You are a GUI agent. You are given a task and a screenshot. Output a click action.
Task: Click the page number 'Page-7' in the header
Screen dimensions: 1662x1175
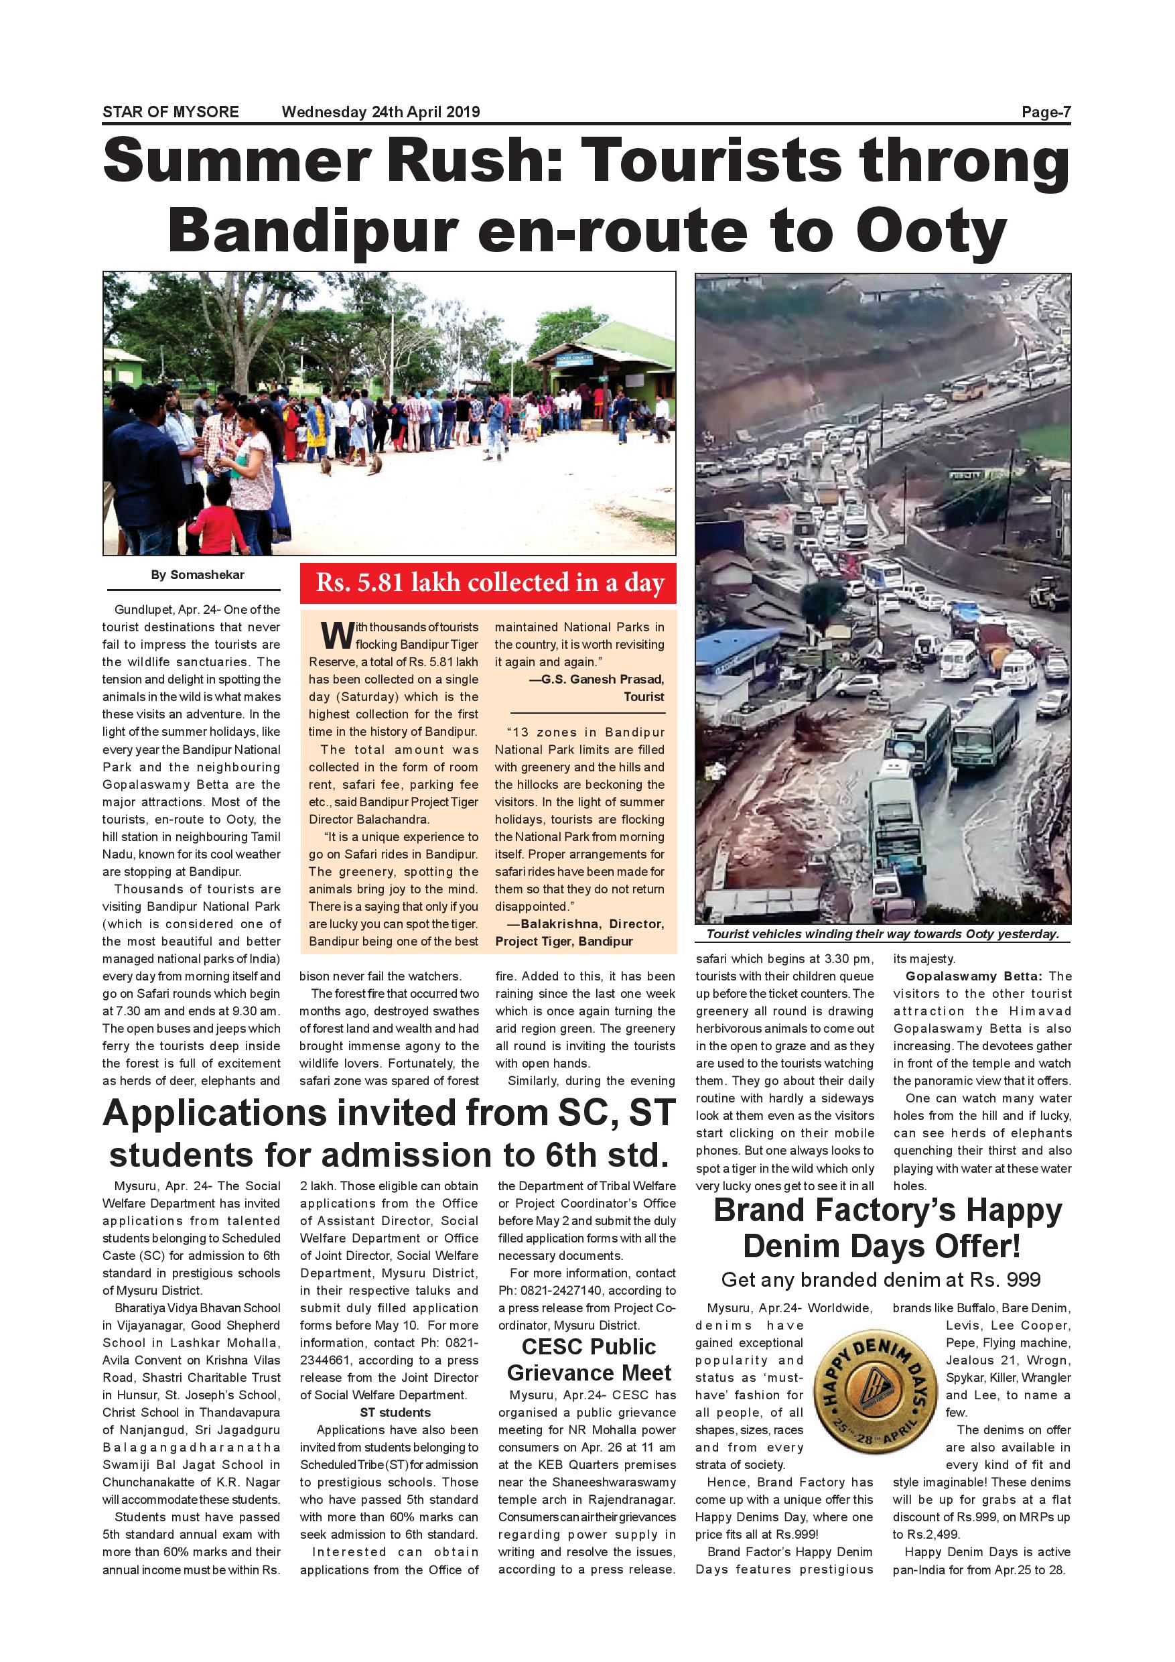(1046, 112)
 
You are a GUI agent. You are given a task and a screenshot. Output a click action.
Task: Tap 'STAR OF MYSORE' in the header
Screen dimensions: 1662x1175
(171, 112)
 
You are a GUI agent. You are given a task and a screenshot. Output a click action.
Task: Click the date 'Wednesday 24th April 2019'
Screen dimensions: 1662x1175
(381, 112)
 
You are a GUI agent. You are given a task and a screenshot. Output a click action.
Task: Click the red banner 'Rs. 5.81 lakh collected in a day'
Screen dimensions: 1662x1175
(488, 583)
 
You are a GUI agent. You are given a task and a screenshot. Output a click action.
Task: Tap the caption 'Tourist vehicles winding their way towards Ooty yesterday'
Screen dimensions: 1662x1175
(882, 934)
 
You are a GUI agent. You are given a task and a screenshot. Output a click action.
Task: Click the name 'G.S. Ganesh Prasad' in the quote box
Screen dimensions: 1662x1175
(602, 679)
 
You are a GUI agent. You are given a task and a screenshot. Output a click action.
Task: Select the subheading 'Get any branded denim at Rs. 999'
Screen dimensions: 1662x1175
(880, 1280)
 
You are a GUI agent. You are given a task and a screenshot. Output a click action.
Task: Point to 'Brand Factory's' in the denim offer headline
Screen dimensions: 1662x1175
(833, 1211)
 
